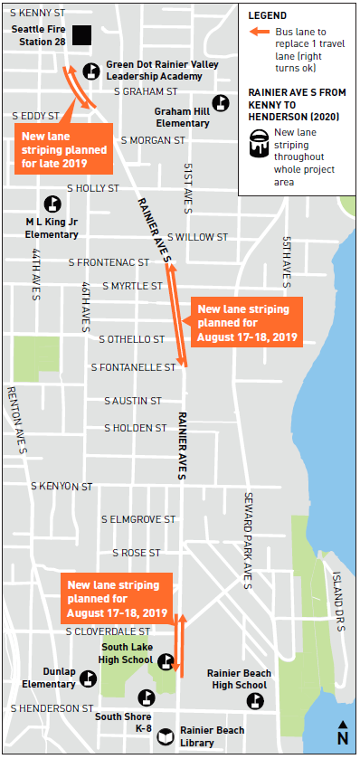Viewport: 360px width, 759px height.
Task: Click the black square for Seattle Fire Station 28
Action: (x=82, y=35)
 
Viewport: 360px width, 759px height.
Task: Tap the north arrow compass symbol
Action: (x=343, y=732)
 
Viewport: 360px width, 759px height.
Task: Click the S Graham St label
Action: (x=146, y=91)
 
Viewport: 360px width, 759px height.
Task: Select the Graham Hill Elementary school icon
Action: (x=221, y=102)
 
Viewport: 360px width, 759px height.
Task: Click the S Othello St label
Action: (x=132, y=339)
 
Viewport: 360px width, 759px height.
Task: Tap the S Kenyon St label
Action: (x=62, y=486)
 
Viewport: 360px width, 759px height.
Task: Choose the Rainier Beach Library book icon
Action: (x=166, y=735)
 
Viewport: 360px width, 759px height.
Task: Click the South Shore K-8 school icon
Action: (x=145, y=697)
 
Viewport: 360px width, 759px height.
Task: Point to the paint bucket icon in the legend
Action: (x=260, y=143)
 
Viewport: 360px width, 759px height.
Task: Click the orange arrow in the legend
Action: (x=259, y=32)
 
